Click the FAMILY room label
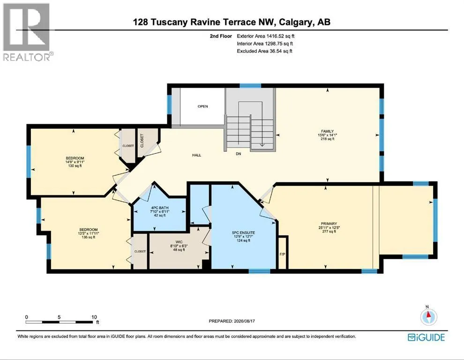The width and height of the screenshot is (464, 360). tap(327, 131)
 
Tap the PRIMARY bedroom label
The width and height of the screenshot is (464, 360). tap(329, 224)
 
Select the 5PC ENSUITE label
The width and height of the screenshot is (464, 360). tap(244, 232)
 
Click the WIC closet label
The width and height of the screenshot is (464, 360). tap(179, 242)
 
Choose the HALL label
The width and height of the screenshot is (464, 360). tap(196, 155)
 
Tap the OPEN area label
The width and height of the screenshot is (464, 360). tap(202, 106)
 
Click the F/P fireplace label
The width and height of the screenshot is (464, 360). tap(282, 255)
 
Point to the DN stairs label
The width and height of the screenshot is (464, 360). tap(239, 154)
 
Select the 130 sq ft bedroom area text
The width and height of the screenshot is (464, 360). tap(75, 166)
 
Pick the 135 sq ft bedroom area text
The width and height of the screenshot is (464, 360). tap(89, 237)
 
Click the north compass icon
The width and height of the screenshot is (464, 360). tap(428, 316)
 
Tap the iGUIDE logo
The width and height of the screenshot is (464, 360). tap(426, 337)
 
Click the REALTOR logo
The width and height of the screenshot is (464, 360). tap(28, 32)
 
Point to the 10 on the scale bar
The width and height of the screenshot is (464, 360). tap(94, 317)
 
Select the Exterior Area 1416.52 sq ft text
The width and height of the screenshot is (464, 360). tap(265, 36)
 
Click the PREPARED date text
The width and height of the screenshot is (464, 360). tap(232, 321)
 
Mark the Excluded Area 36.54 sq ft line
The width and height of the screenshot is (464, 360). tap(264, 51)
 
